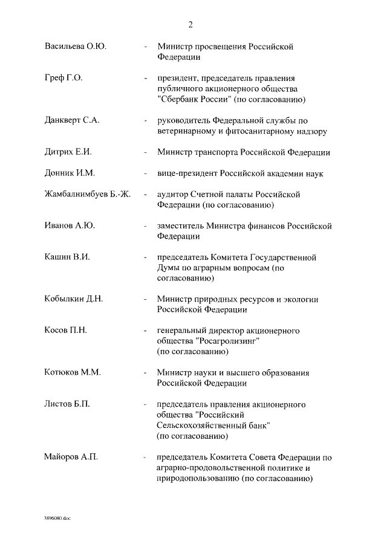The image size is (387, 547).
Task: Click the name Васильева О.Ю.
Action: coord(76,47)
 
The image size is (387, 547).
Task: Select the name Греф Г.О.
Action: coord(63,79)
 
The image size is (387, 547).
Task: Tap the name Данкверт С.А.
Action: coord(72,120)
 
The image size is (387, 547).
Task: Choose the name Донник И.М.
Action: coord(69,173)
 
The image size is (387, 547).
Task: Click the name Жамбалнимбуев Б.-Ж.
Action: coord(91,195)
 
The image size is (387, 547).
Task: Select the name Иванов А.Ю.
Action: coord(70,226)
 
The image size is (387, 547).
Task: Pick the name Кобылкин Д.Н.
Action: coord(74,299)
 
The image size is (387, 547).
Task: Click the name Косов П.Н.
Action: coord(67,330)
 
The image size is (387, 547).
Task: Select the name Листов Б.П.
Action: coord(67,404)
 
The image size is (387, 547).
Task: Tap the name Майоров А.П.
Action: coord(71,456)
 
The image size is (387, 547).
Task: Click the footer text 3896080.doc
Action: coord(57,519)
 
